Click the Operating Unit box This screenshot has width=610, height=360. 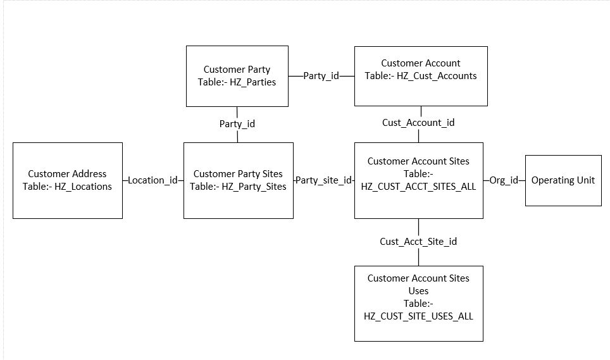coord(563,180)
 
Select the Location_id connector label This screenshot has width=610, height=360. coord(152,180)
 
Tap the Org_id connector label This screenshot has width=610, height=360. coord(504,180)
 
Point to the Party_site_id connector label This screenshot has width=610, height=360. coord(324,180)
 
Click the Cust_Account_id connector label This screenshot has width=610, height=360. coord(418,123)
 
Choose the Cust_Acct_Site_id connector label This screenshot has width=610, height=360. coord(418,241)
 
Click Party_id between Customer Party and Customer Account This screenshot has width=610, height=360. coord(321,75)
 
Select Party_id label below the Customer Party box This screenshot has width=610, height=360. coord(237,123)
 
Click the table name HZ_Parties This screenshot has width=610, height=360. coord(253,82)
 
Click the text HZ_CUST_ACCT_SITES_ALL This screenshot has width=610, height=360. coord(418,186)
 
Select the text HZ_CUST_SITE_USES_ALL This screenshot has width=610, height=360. coord(418,316)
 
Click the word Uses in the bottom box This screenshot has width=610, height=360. coord(418,290)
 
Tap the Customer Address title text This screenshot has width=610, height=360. coord(67,173)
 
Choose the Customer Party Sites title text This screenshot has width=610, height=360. coord(238,173)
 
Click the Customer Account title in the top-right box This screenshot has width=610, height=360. coord(421,63)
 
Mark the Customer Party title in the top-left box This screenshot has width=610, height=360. coord(237,69)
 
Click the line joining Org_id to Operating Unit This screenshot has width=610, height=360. coord(522,180)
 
